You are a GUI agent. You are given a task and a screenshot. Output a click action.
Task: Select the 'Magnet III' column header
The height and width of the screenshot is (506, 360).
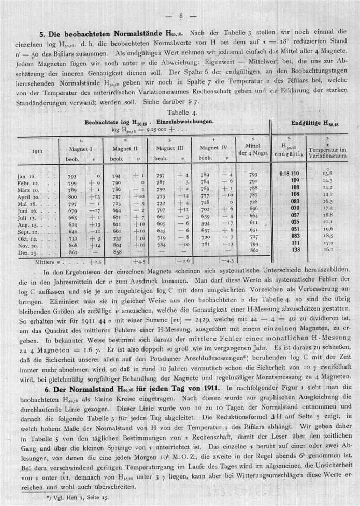pos(169,148)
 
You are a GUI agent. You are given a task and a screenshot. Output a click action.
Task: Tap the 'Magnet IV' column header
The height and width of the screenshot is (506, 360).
pos(213,148)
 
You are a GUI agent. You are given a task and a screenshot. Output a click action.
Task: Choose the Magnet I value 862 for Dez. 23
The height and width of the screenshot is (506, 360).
pos(73,251)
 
